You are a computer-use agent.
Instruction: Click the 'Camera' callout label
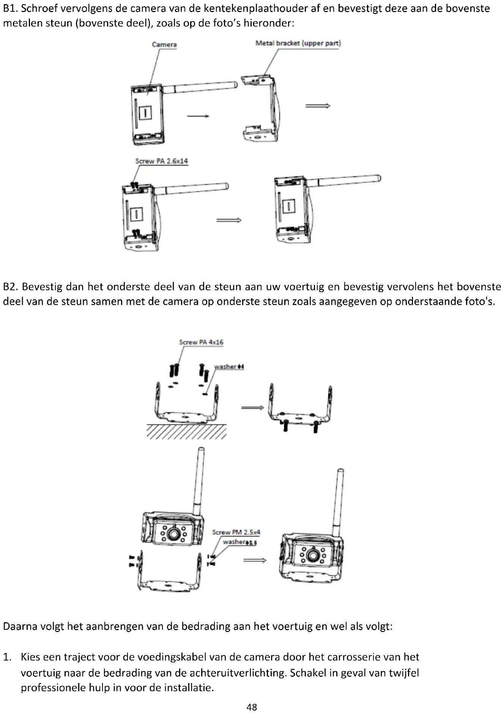click(x=164, y=45)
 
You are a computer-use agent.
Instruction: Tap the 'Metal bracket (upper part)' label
click(x=298, y=43)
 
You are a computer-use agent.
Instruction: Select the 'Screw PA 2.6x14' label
click(x=161, y=161)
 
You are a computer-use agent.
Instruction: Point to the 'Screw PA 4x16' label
click(x=201, y=342)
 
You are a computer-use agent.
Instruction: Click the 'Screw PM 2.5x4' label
click(x=236, y=532)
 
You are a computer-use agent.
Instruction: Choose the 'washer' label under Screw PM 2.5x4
click(x=239, y=542)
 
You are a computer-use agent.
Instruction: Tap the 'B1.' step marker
click(x=11, y=8)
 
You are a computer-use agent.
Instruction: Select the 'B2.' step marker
click(x=11, y=286)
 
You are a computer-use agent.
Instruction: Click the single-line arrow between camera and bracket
click(x=198, y=116)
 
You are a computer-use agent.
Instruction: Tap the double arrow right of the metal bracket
click(x=318, y=106)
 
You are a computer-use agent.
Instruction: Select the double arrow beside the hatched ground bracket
click(x=252, y=408)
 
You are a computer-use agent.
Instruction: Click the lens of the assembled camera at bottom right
click(x=313, y=555)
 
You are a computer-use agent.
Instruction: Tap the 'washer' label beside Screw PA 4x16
click(x=229, y=367)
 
